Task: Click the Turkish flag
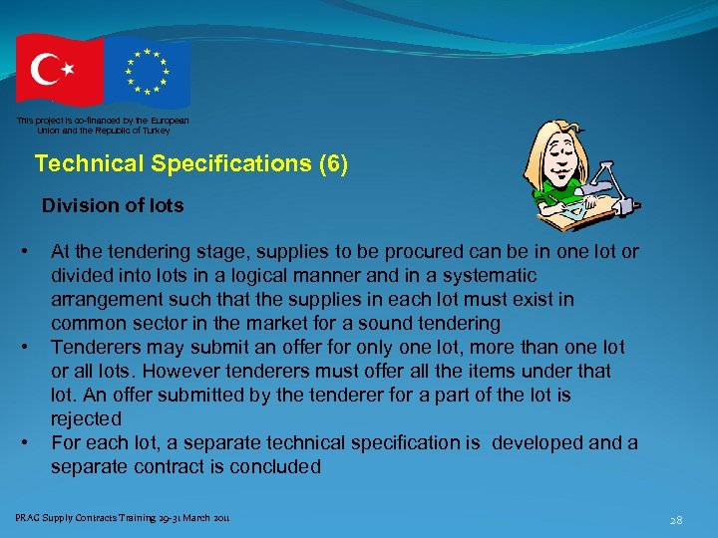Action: (59, 70)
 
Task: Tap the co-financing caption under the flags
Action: (102, 125)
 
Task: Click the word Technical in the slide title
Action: (83, 163)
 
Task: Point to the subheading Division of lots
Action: (113, 206)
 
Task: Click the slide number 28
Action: (675, 519)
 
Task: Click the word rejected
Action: (87, 418)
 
